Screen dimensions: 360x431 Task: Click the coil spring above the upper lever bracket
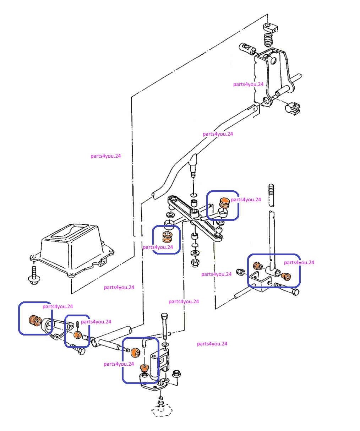[269, 40]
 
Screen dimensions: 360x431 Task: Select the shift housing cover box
[72, 251]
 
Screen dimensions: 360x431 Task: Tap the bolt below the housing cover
[34, 275]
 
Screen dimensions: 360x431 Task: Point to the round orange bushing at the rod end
[135, 352]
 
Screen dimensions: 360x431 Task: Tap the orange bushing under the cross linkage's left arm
[168, 237]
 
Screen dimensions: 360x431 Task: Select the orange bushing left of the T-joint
[257, 266]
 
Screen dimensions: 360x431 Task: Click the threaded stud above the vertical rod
[272, 195]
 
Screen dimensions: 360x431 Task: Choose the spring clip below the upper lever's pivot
[293, 108]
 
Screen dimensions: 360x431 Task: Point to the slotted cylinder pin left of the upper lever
[247, 49]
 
